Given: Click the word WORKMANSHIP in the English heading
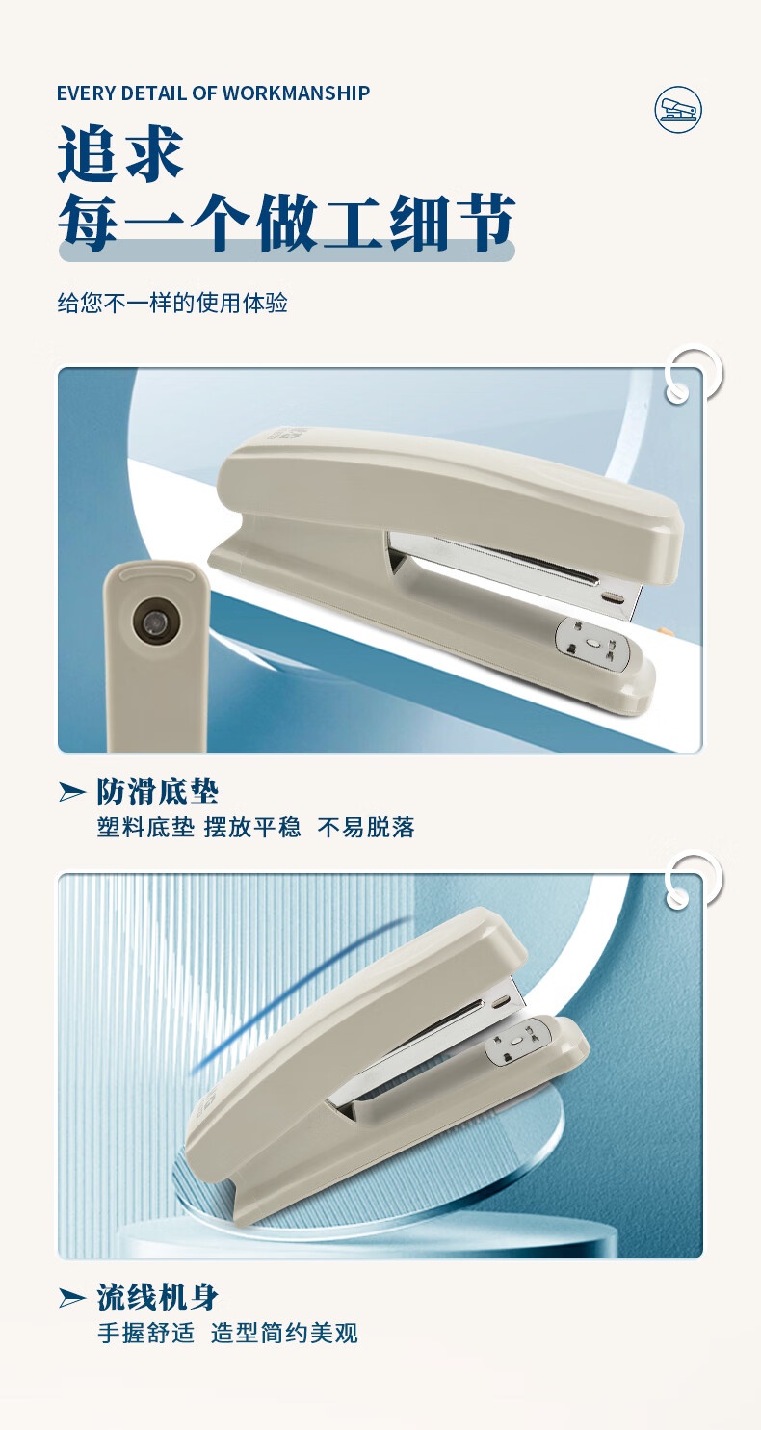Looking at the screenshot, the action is tap(297, 93).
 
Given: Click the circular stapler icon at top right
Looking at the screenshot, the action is tap(678, 110).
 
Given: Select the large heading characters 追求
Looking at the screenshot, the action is tap(120, 154).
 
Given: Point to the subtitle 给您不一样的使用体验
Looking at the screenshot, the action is tap(172, 303).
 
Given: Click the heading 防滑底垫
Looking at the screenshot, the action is tap(158, 792).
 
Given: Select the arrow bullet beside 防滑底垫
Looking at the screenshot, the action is tap(71, 792).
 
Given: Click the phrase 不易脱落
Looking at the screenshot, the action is tap(366, 828).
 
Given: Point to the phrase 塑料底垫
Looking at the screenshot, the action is tap(145, 828).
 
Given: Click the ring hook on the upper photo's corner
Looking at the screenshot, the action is tap(693, 375).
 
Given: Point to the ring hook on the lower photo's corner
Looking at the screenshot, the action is tap(693, 880).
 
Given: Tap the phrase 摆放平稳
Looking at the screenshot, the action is tap(252, 828).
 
